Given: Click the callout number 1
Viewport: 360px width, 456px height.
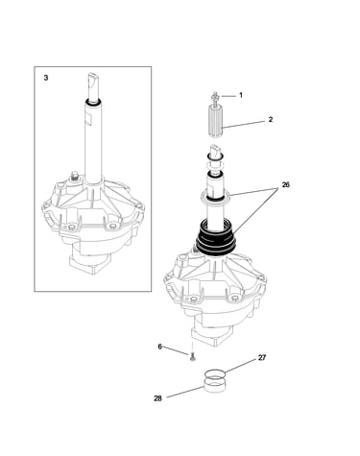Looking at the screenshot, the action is [x=241, y=95].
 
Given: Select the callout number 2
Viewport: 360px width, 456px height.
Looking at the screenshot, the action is [x=271, y=119].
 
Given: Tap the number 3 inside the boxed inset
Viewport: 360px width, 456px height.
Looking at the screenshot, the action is [x=46, y=78].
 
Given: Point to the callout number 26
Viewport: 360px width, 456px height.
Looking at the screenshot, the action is [x=285, y=184].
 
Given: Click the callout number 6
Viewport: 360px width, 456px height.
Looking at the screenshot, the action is [x=160, y=347].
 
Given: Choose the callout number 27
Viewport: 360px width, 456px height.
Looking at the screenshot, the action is [x=262, y=358].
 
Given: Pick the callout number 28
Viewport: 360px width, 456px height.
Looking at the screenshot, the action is [x=157, y=398].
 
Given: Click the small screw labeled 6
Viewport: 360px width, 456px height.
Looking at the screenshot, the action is [x=192, y=356].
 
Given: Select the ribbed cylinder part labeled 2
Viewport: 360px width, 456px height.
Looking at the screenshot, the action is [x=215, y=121].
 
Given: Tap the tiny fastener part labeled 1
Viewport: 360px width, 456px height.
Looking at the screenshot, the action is [x=215, y=96].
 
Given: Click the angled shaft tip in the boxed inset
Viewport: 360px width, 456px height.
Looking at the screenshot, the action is [x=93, y=82].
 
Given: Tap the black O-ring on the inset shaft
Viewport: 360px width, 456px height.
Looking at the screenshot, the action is [x=93, y=104].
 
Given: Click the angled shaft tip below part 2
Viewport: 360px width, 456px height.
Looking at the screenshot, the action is [x=215, y=152].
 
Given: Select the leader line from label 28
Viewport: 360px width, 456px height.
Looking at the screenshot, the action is [x=185, y=392].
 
